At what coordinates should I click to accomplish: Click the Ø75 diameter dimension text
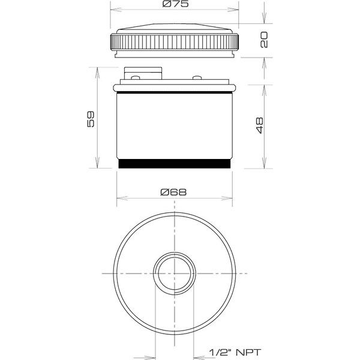(174, 5)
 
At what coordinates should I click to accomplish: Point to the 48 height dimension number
(259, 125)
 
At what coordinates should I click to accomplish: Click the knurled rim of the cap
(175, 43)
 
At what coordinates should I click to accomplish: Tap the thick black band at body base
(175, 163)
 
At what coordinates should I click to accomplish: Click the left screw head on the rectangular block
(136, 77)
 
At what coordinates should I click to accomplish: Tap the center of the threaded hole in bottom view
(175, 273)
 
